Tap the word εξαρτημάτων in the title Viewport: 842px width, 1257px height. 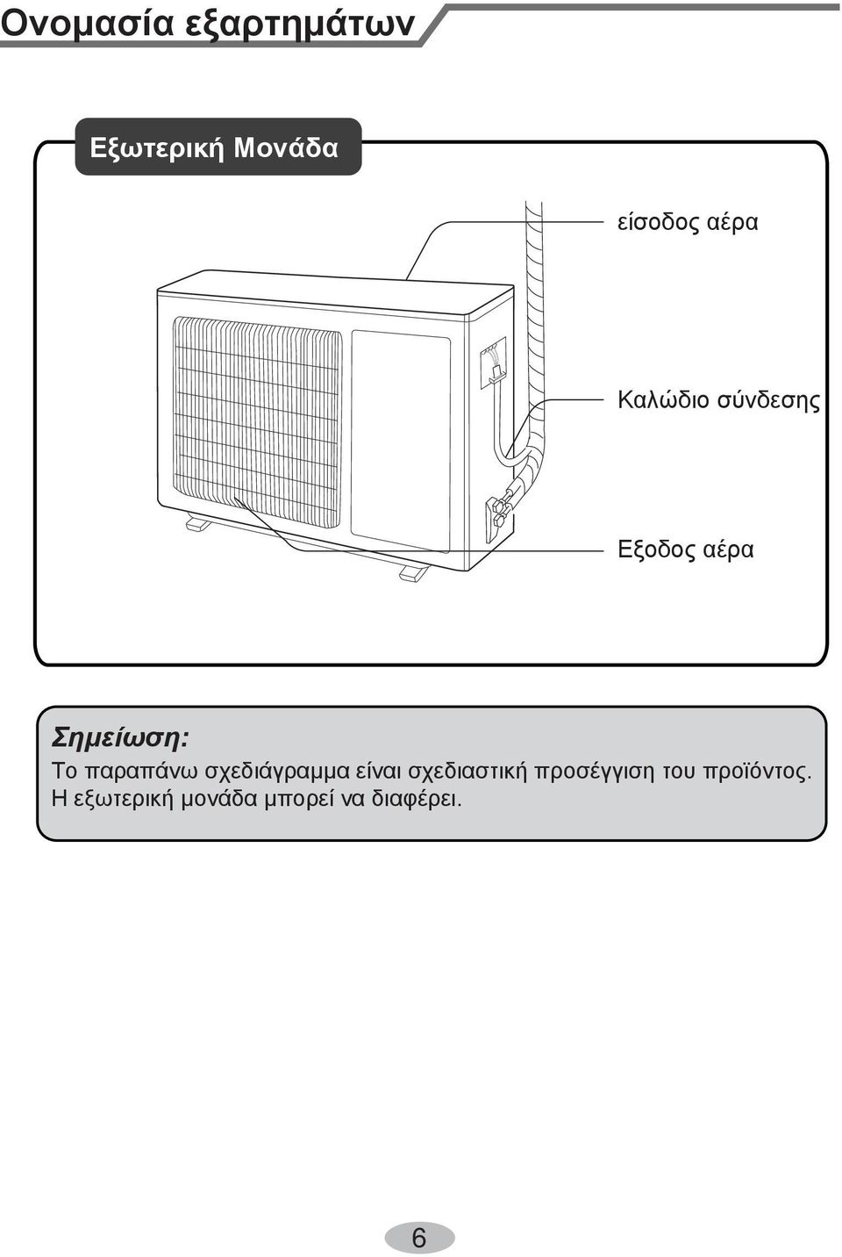click(300, 25)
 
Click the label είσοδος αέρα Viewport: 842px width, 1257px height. click(688, 222)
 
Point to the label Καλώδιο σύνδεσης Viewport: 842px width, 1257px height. click(718, 401)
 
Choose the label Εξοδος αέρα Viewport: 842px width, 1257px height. click(686, 549)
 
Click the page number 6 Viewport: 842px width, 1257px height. click(419, 1235)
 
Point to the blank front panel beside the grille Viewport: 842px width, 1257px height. click(401, 441)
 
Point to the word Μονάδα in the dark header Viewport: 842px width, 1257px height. click(286, 148)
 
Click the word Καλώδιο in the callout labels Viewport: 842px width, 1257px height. click(663, 400)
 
